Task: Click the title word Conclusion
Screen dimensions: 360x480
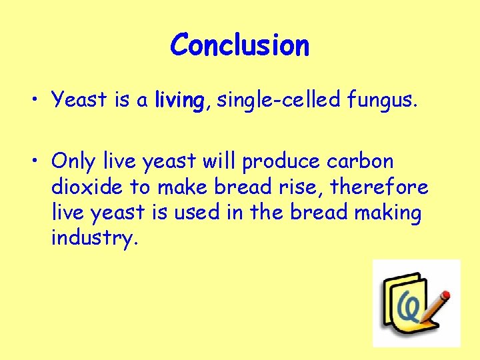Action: (x=239, y=45)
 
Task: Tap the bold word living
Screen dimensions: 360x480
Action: (x=178, y=101)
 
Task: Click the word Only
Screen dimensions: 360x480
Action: (x=74, y=161)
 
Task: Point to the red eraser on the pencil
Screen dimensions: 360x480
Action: (x=446, y=293)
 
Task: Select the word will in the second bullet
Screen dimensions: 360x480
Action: (x=218, y=161)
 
